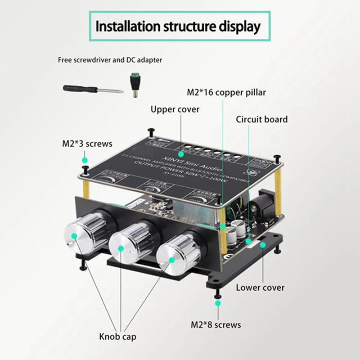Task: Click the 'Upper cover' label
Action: [x=175, y=109]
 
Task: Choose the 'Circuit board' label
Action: [x=262, y=119]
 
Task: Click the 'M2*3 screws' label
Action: [x=87, y=144]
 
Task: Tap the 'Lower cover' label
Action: [x=260, y=287]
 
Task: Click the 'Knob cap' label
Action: [x=118, y=337]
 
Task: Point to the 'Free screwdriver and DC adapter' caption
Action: [x=110, y=59]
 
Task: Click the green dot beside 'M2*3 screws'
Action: [x=84, y=160]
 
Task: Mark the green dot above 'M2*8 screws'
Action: [x=218, y=304]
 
